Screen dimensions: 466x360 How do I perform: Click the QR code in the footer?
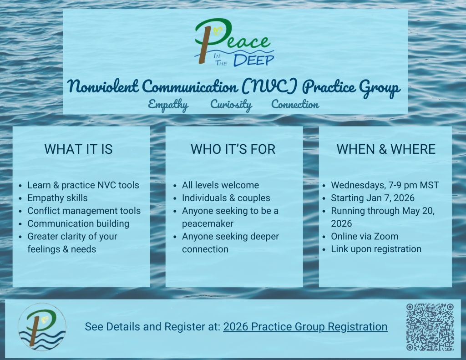click(430, 327)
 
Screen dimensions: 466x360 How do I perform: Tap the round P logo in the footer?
click(42, 327)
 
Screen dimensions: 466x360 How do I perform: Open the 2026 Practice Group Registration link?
click(305, 327)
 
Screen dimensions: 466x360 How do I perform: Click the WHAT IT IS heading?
click(78, 149)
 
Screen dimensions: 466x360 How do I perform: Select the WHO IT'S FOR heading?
click(233, 149)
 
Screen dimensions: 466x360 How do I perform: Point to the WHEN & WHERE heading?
click(386, 149)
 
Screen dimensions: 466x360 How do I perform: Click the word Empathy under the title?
click(168, 105)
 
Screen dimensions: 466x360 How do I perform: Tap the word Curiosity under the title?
click(231, 105)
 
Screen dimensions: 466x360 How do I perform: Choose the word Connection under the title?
click(295, 104)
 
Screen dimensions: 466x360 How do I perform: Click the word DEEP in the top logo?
click(253, 60)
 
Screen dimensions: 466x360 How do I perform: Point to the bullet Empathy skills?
click(57, 198)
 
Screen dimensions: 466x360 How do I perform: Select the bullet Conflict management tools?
click(84, 211)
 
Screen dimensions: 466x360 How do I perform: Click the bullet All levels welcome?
click(221, 185)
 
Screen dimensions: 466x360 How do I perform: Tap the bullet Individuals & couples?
click(226, 198)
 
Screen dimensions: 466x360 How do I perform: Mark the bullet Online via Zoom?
click(365, 236)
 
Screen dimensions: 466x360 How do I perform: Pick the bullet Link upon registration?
click(376, 249)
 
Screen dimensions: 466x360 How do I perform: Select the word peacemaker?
click(208, 223)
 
